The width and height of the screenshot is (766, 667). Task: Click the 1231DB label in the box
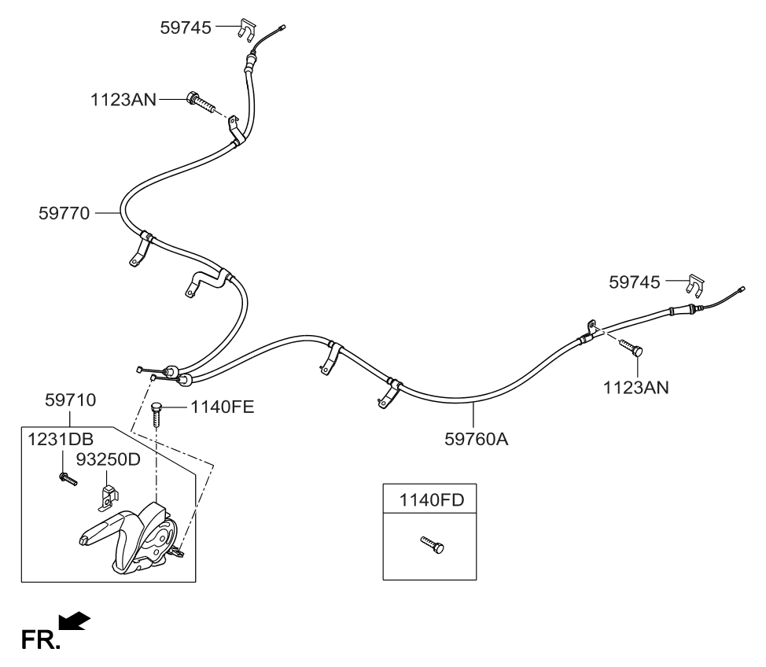click(x=55, y=440)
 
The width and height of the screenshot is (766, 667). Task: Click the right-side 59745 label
click(x=635, y=281)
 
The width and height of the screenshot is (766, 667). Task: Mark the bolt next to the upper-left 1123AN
click(x=201, y=101)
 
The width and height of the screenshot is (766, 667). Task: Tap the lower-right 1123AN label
click(x=636, y=387)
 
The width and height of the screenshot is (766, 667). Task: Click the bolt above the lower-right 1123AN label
click(x=632, y=347)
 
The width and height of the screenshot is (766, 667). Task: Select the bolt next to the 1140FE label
click(x=157, y=415)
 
